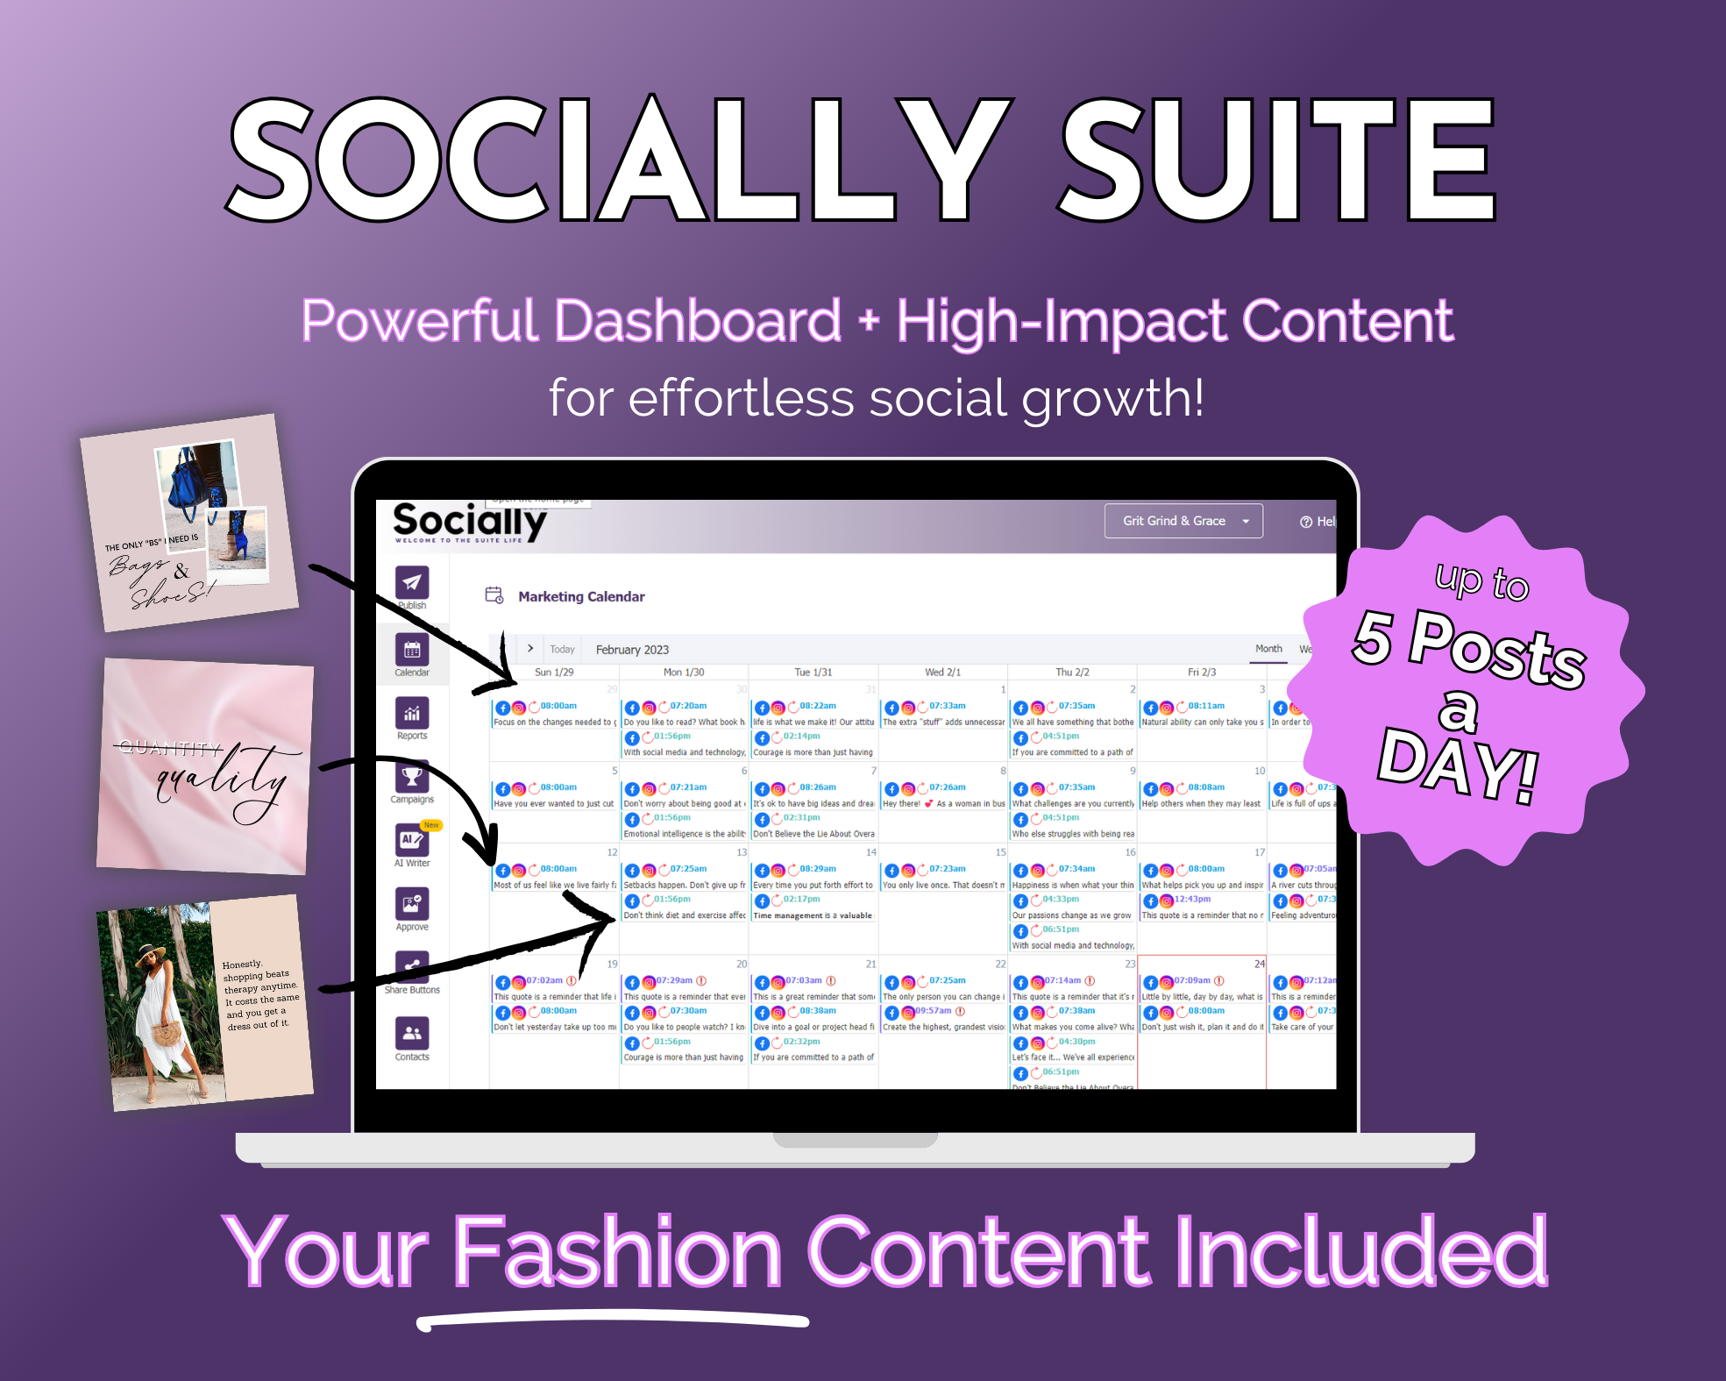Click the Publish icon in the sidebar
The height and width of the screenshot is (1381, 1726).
(411, 582)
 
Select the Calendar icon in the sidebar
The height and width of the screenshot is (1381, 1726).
(411, 650)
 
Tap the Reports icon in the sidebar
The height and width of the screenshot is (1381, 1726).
(411, 713)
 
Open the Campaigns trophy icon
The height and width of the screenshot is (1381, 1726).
(411, 777)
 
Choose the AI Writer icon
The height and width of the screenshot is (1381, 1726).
(411, 840)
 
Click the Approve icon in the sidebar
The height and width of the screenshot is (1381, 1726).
(411, 904)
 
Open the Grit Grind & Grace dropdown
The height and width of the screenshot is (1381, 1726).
(1183, 521)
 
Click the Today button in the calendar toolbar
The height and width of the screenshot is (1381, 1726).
(562, 650)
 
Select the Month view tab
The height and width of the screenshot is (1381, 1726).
(1268, 649)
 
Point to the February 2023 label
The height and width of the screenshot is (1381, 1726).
(632, 650)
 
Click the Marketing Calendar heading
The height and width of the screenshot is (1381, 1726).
(581, 596)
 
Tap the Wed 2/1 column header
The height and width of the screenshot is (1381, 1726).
(942, 673)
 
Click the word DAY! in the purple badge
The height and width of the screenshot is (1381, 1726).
(1457, 763)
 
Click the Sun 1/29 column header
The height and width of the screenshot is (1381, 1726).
(554, 673)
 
